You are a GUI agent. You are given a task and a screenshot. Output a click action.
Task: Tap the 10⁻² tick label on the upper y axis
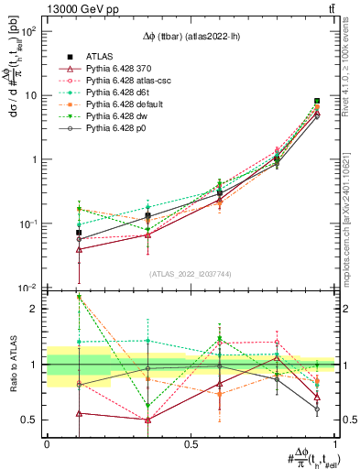[28, 288]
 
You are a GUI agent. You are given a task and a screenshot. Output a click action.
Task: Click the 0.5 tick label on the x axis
[191, 443]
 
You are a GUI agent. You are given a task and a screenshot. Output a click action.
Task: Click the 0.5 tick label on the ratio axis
[31, 420]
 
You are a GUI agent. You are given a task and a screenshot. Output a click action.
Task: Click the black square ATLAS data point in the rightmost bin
[317, 101]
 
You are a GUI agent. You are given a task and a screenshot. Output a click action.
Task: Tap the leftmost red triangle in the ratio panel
[80, 413]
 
